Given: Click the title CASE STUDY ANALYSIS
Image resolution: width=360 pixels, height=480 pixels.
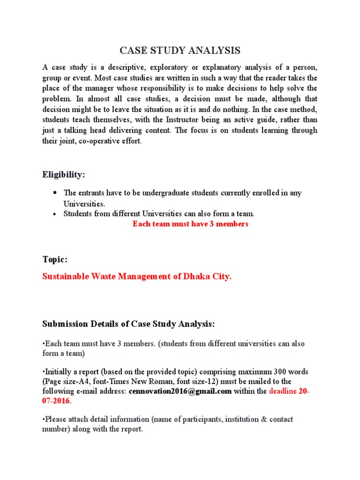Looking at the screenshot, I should [x=180, y=51].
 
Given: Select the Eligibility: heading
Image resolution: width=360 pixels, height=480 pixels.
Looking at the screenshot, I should [x=64, y=174].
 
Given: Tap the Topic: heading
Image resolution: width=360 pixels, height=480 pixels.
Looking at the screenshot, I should [x=55, y=259].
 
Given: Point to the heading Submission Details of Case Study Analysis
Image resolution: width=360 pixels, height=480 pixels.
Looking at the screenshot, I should [x=128, y=324].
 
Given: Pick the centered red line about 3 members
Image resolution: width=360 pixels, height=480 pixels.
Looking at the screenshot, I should [x=190, y=224].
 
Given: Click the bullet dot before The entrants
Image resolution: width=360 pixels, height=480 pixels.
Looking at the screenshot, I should [x=55, y=193].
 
